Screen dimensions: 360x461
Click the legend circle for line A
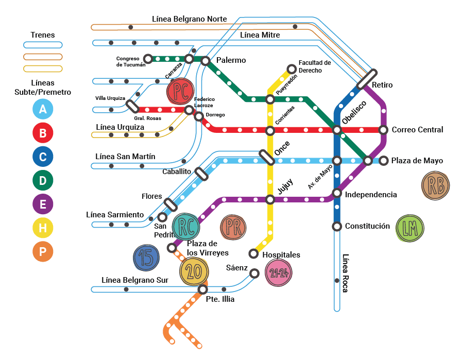click(43, 109)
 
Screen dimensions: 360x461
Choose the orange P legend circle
click(43, 252)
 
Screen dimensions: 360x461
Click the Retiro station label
click(382, 85)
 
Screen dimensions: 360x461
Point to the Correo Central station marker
click(383, 130)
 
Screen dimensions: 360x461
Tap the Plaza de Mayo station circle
click(383, 161)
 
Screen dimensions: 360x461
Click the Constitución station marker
click(337, 226)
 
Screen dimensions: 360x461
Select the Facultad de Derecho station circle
click(292, 68)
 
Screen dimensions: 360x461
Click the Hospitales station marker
click(253, 253)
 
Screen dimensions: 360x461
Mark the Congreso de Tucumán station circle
click(148, 59)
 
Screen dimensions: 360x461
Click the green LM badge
click(409, 228)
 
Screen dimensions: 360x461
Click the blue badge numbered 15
click(147, 258)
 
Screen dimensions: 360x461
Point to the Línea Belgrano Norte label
click(189, 19)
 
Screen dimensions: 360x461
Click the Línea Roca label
click(346, 273)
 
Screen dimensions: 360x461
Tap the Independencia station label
click(371, 195)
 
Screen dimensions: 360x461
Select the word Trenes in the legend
click(43, 35)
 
